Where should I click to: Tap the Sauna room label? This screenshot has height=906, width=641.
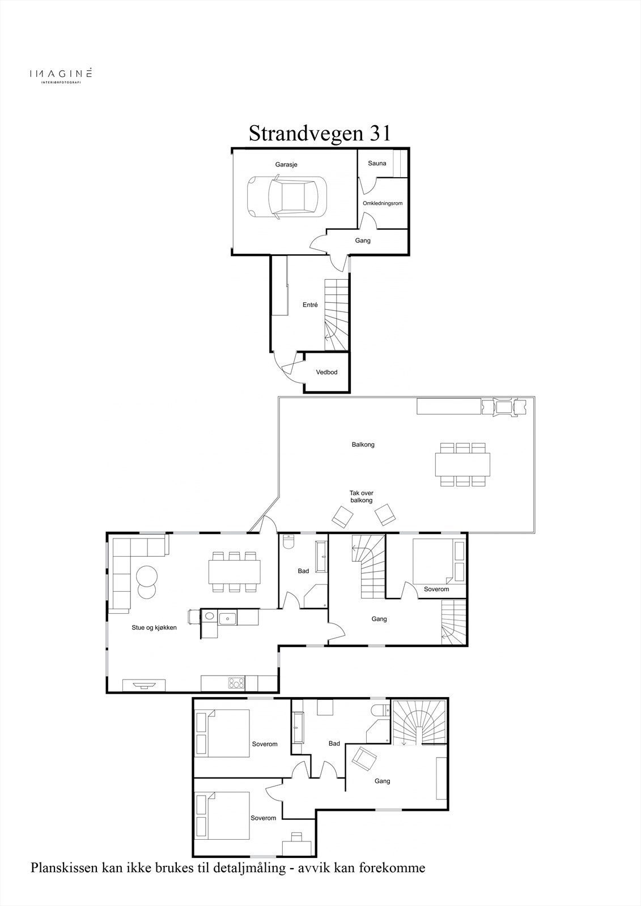[x=377, y=164]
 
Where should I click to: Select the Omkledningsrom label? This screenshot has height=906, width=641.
[x=383, y=203]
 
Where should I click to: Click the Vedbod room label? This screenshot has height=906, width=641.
[x=327, y=372]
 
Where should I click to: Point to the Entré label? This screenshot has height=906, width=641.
[x=310, y=305]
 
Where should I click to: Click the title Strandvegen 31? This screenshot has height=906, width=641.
[x=320, y=133]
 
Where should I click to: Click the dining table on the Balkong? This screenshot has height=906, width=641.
[x=462, y=464]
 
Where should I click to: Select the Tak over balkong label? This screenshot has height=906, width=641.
[x=362, y=496]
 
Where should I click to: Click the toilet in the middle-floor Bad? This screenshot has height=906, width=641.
[x=289, y=541]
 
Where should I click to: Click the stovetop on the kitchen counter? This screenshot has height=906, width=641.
[x=236, y=683]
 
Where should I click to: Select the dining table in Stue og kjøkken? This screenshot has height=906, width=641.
[x=235, y=571]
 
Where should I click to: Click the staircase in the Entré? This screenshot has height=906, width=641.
[x=336, y=315]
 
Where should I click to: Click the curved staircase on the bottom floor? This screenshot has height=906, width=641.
[x=419, y=723]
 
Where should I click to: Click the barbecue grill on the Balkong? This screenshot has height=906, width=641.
[x=504, y=406]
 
